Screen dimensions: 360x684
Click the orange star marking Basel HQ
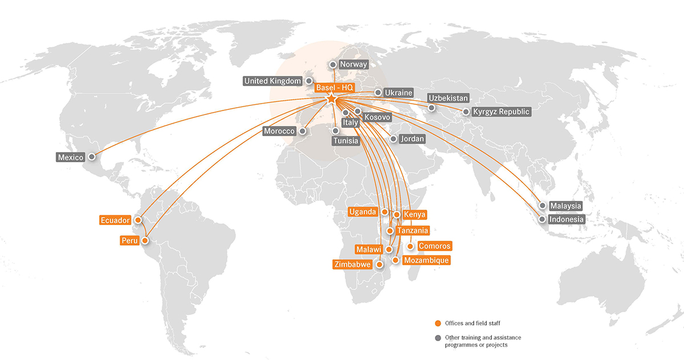[332, 99]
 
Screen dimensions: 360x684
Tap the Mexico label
[71, 157]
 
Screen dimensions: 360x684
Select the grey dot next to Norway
[333, 65]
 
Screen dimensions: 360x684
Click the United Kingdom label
[272, 81]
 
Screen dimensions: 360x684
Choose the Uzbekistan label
[448, 98]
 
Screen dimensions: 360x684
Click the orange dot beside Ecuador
[137, 219]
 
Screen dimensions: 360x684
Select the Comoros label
[434, 246]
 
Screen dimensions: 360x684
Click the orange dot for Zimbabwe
[380, 264]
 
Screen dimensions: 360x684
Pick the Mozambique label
[426, 260]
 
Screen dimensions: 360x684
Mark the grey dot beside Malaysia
[542, 206]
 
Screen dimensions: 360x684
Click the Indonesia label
[566, 219]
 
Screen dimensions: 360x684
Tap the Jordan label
[413, 138]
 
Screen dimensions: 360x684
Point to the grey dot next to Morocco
[303, 131]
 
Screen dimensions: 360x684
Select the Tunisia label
[346, 140]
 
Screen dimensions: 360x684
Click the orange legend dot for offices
[438, 324]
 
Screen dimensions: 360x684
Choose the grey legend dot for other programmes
[438, 338]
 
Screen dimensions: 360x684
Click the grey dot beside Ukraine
[378, 92]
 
